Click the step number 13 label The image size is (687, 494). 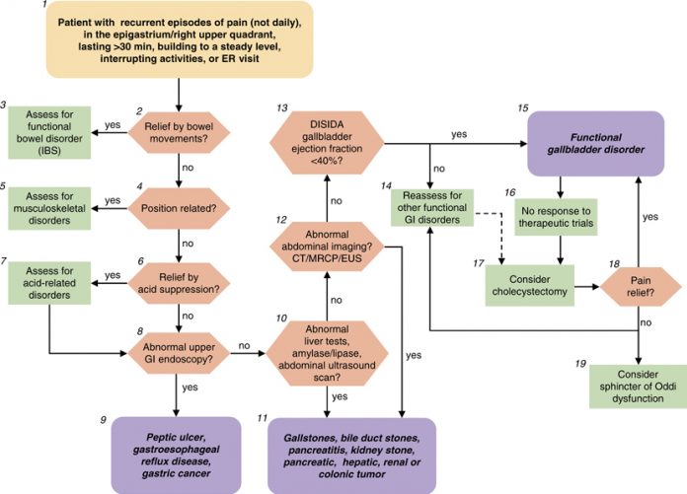click(283, 106)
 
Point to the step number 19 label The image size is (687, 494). click(580, 363)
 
